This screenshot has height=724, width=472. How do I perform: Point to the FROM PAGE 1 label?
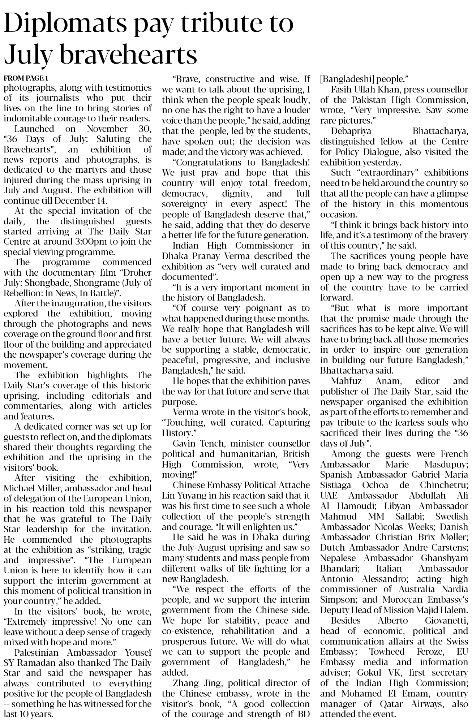pyautogui.click(x=26, y=78)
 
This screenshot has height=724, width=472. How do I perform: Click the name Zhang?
pyautogui.click(x=186, y=683)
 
